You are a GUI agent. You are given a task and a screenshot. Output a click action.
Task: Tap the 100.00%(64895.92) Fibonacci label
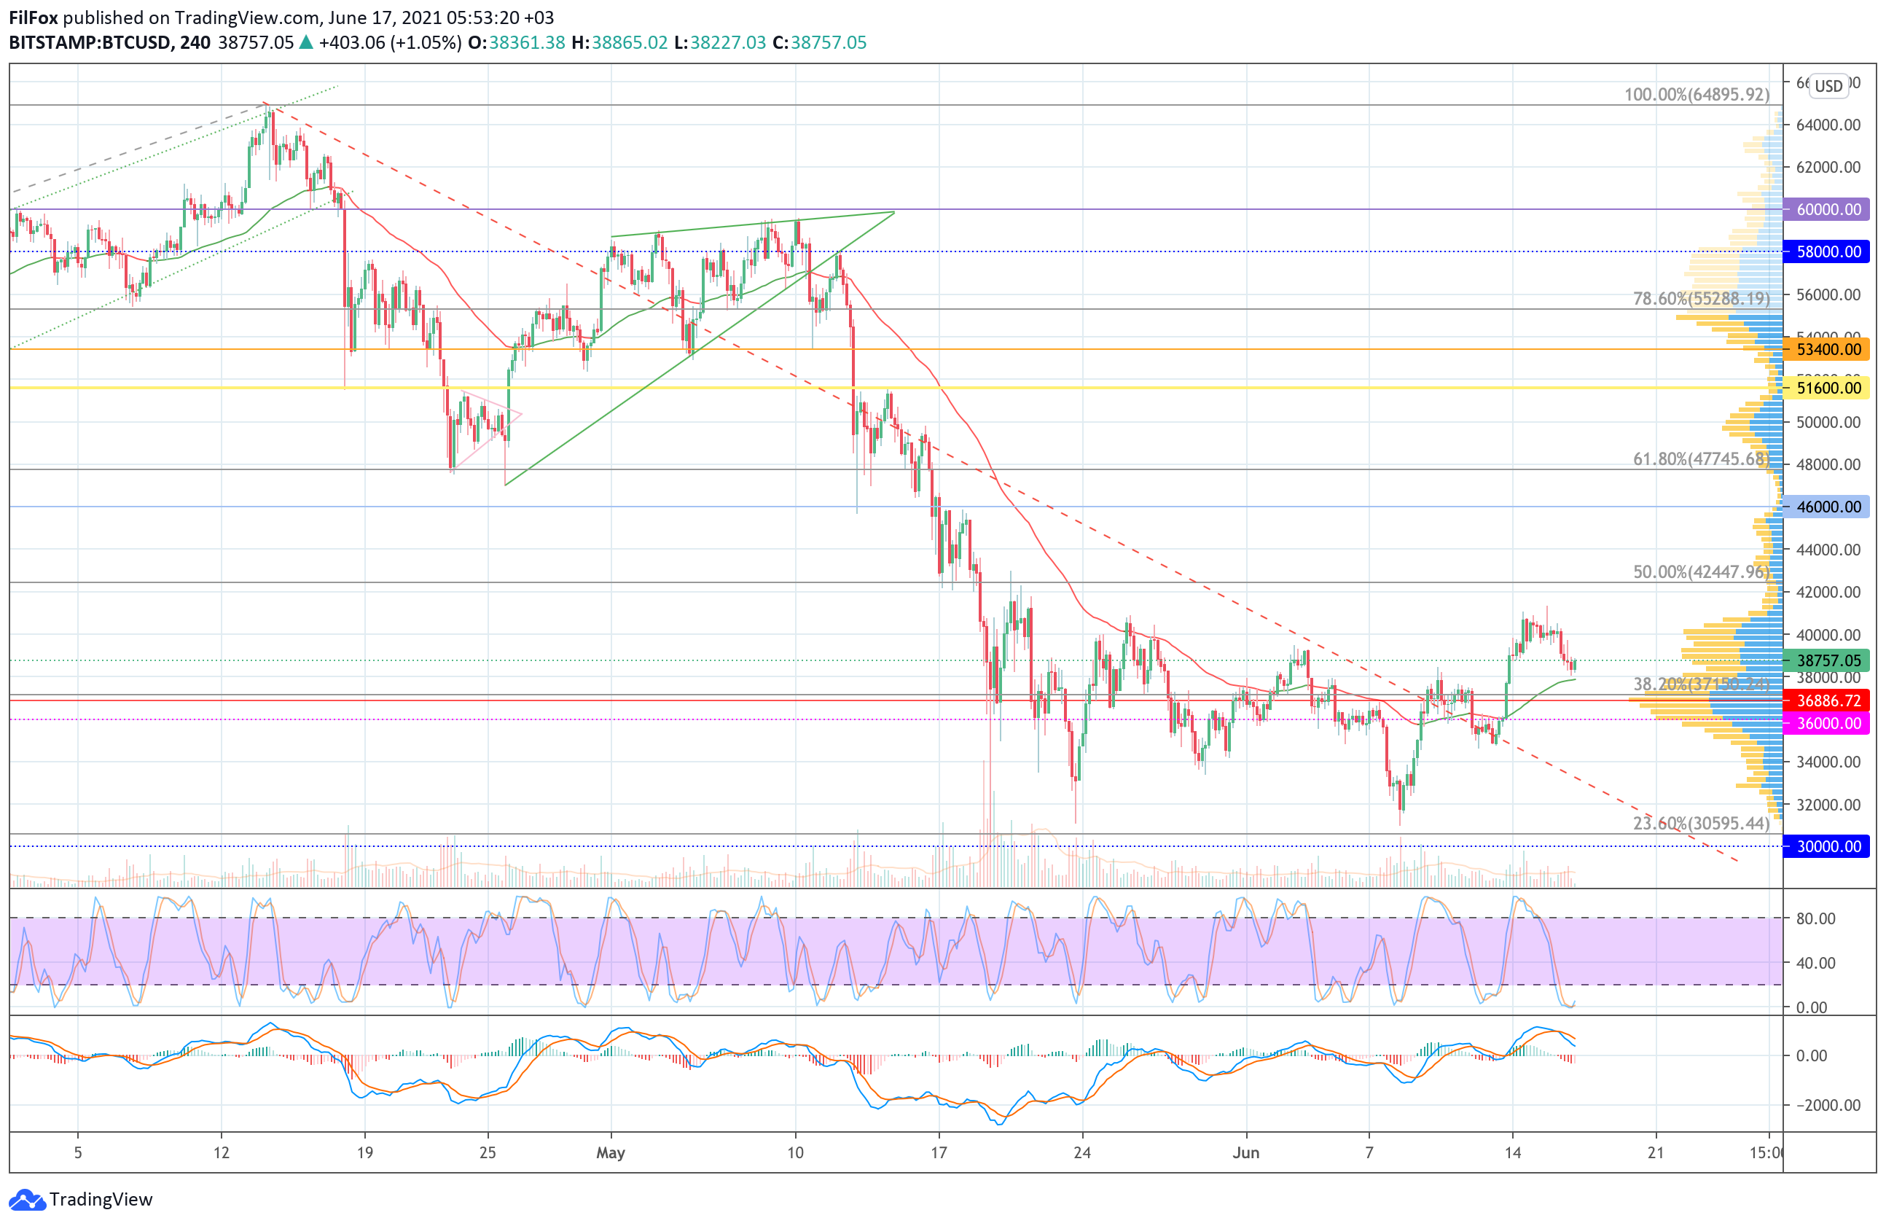[x=1696, y=94]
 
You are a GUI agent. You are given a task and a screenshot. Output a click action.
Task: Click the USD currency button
[x=1829, y=85]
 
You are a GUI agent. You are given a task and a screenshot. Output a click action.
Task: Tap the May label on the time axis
[x=610, y=1152]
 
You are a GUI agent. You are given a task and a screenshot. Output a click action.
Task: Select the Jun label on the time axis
[x=1245, y=1152]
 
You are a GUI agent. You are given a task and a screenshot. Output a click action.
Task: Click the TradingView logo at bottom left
[x=81, y=1199]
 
